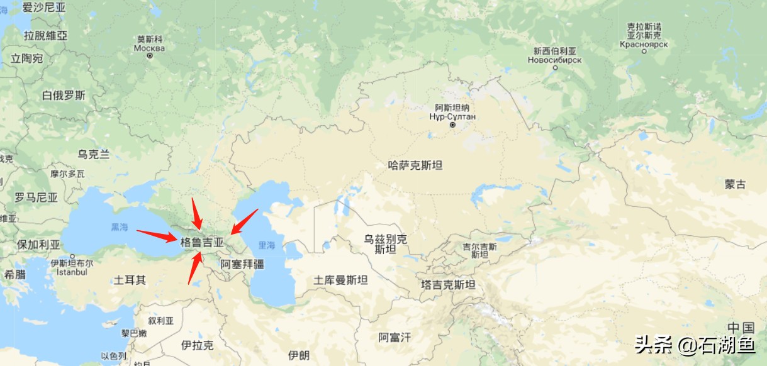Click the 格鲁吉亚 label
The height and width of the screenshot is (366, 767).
click(x=202, y=242)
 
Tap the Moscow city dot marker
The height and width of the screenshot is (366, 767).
click(x=150, y=56)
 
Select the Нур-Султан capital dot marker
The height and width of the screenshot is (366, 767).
click(x=452, y=125)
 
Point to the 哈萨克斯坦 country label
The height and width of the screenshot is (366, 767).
click(x=415, y=165)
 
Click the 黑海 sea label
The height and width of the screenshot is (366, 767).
click(x=119, y=227)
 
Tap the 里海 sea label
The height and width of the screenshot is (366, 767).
click(x=267, y=245)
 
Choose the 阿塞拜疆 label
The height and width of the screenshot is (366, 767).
click(x=242, y=264)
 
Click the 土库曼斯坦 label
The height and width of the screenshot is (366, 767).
click(x=341, y=280)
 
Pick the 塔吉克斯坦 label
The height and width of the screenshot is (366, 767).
click(x=448, y=284)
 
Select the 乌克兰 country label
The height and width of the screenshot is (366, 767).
click(x=94, y=154)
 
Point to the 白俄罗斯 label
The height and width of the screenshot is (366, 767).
click(x=64, y=96)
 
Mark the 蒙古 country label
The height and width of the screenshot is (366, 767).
click(x=735, y=184)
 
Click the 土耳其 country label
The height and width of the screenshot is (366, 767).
click(x=130, y=280)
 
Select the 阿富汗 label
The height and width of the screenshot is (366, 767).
click(x=395, y=338)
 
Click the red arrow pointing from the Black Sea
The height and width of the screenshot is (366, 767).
click(x=157, y=235)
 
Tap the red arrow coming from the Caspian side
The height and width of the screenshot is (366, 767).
click(x=244, y=221)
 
